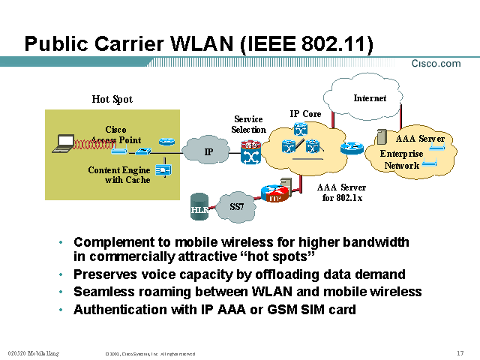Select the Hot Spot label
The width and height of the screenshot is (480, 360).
[112, 99]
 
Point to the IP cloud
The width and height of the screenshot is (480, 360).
[208, 151]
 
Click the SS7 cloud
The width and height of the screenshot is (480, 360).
[235, 204]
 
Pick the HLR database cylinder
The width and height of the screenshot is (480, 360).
[199, 205]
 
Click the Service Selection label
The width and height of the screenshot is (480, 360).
[248, 124]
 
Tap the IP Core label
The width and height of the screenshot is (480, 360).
[305, 114]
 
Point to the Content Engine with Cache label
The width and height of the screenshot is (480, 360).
[118, 175]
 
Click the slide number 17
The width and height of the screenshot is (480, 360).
[459, 353]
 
